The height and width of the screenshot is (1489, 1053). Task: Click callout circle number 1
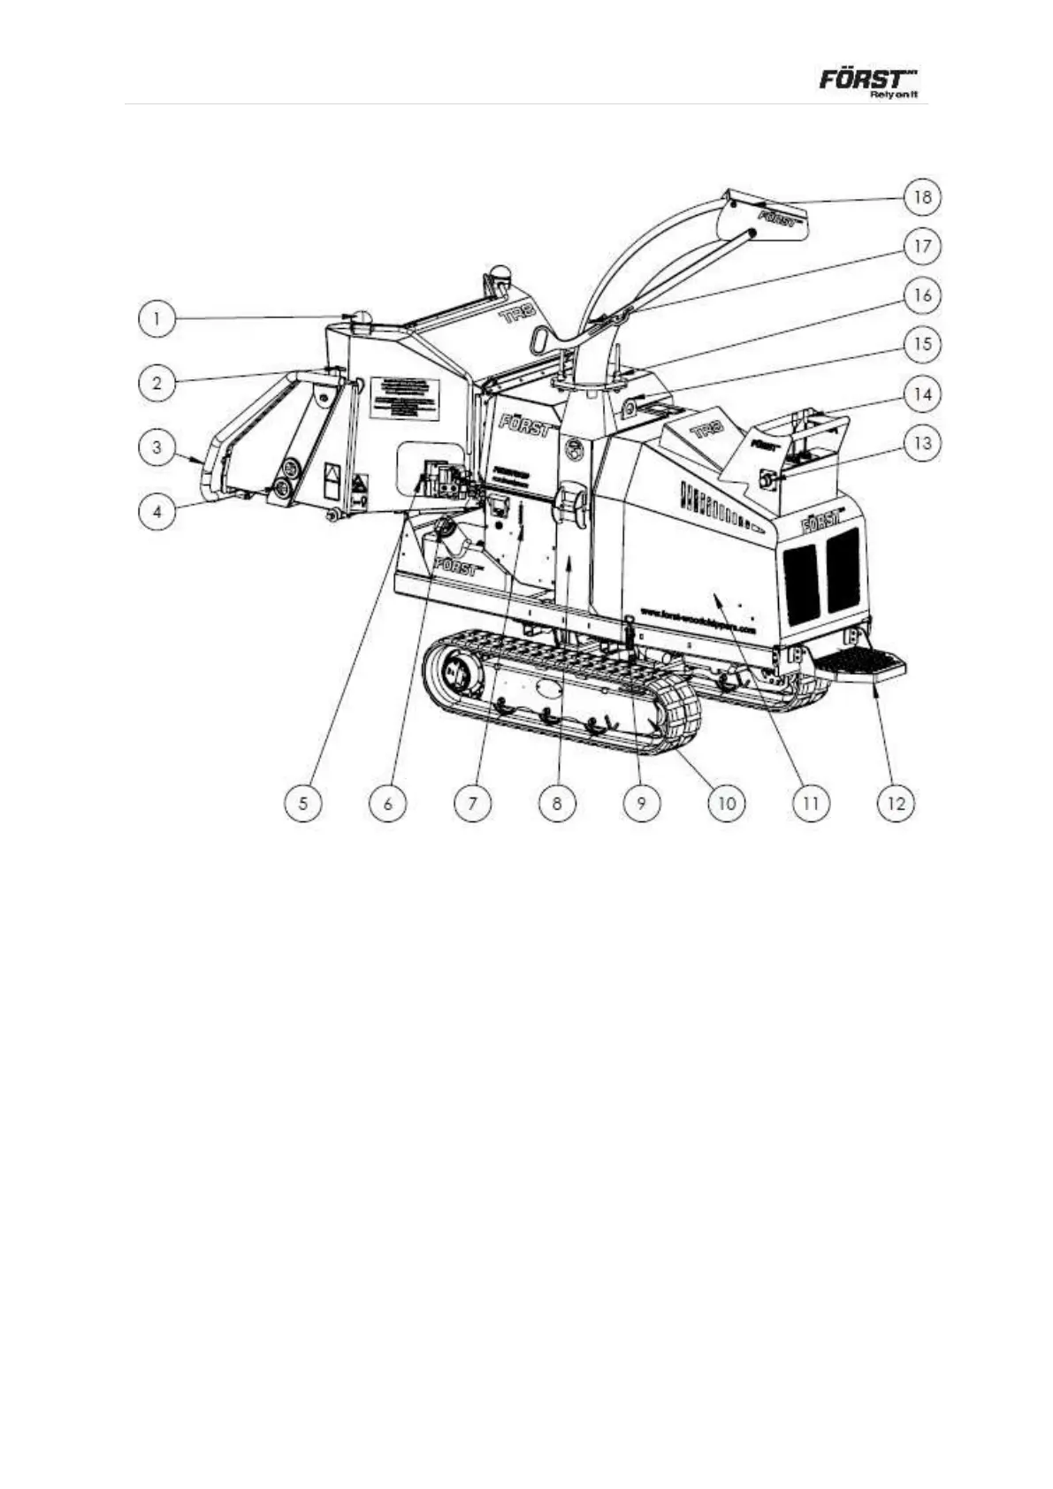click(x=156, y=318)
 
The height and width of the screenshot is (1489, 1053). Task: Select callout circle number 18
click(x=921, y=196)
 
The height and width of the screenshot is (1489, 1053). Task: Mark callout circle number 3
click(x=156, y=447)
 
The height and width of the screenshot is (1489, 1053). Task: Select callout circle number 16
click(x=921, y=295)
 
